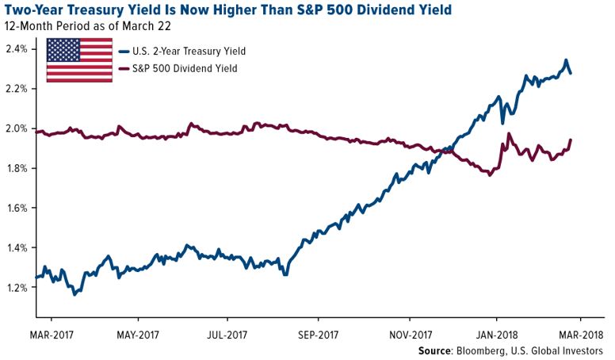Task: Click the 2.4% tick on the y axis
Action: pos(17,49)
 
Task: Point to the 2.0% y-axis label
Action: pos(17,128)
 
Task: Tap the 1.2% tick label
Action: pos(17,288)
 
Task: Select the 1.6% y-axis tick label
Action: pos(17,209)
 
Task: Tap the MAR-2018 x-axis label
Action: pos(582,333)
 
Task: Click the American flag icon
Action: pos(79,59)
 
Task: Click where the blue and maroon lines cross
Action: pos(449,149)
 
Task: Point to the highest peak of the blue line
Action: pos(566,60)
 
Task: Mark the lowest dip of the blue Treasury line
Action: pos(74,294)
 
